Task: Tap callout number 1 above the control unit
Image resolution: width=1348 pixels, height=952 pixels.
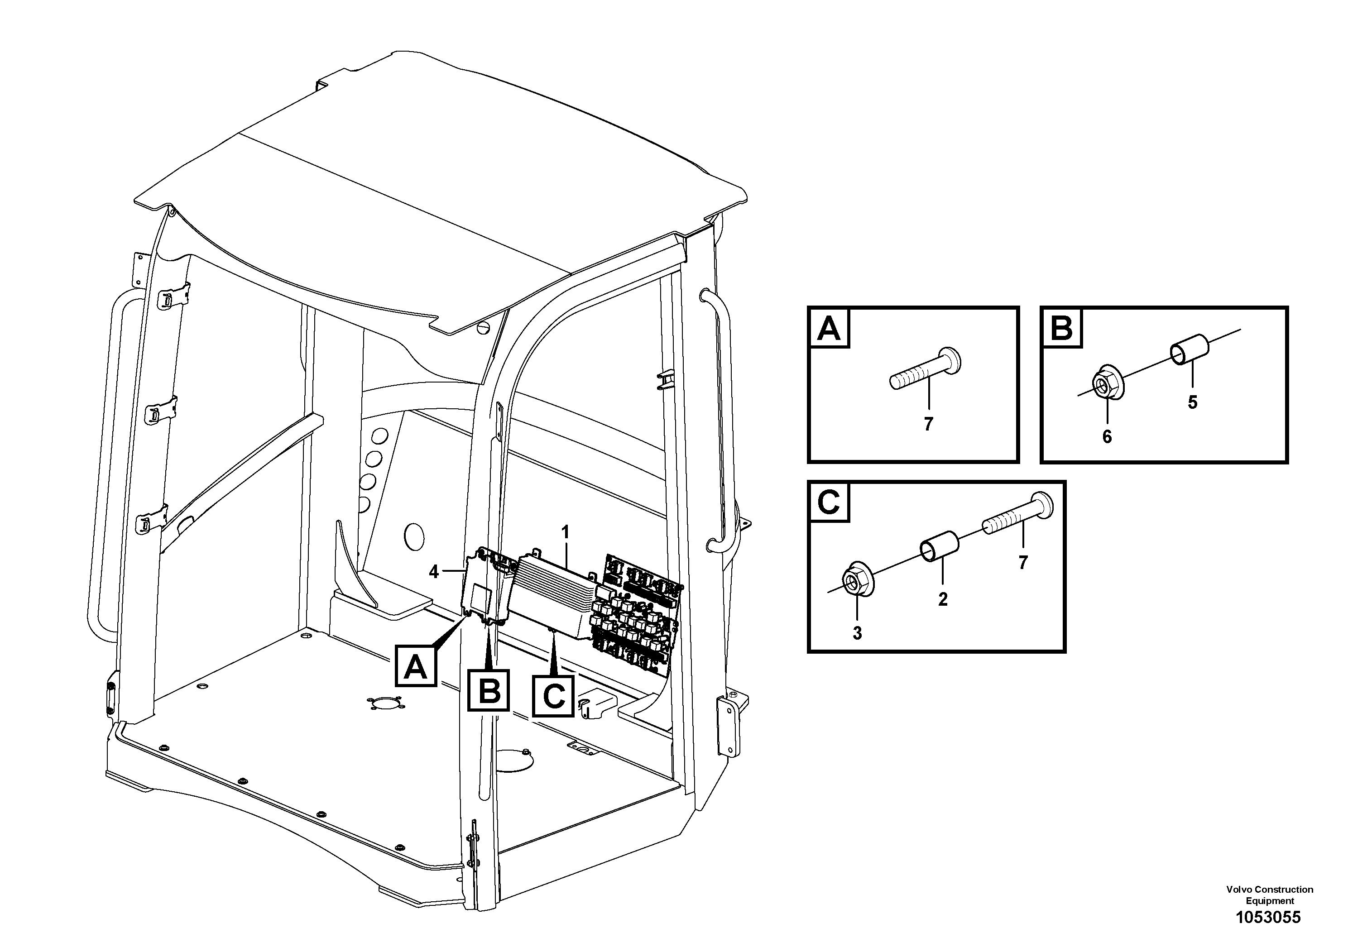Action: coord(566,532)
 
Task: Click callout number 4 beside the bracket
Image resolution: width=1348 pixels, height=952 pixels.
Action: coord(434,571)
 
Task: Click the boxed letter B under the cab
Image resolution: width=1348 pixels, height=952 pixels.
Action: coord(489,691)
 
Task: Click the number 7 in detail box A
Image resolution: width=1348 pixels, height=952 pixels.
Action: coord(928,424)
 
